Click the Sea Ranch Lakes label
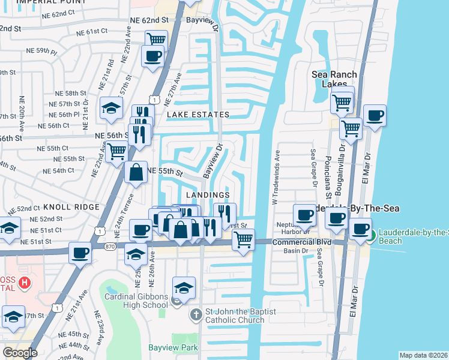[x=334, y=79]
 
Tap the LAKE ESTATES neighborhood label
[x=198, y=115]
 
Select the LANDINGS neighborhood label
[x=208, y=196]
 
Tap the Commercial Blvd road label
[x=294, y=242]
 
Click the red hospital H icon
[x=24, y=282]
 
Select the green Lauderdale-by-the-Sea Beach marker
[x=372, y=235]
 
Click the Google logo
[x=20, y=352]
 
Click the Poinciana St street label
[x=329, y=176]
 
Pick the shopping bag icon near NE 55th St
[x=136, y=172]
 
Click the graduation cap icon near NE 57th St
[x=111, y=108]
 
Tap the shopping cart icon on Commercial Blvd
[x=243, y=239]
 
